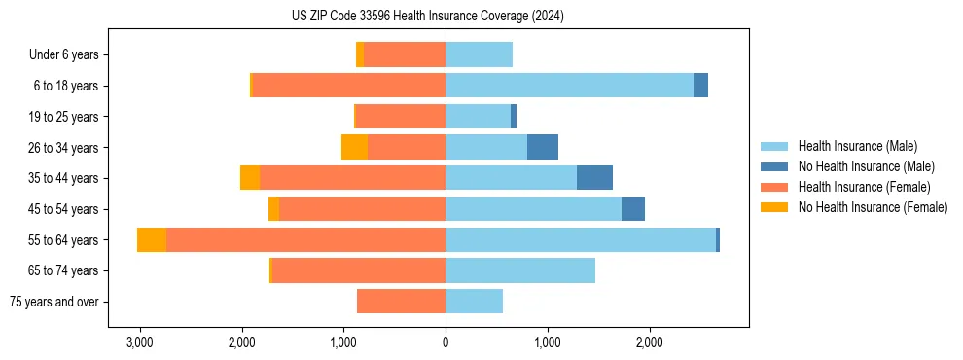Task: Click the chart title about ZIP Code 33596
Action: coord(427,17)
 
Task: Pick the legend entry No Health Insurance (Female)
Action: coord(873,207)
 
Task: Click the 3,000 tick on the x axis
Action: coord(140,342)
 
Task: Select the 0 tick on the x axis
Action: coord(446,342)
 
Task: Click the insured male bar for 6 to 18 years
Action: coord(569,86)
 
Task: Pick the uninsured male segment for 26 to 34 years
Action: coord(543,147)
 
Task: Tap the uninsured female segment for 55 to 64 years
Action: coord(152,239)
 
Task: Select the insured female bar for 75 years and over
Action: coord(401,302)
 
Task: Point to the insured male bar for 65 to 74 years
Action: coord(520,270)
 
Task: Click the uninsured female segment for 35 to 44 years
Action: coord(250,178)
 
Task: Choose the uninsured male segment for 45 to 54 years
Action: coord(633,208)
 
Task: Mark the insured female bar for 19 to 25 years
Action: coord(401,117)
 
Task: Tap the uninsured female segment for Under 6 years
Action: coord(360,55)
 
